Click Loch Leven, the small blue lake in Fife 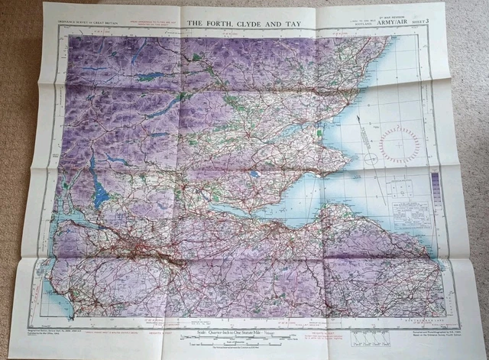pos(254,174)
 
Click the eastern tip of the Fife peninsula pos(341,161)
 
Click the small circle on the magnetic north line pos(371,158)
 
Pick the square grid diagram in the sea pos(402,187)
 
